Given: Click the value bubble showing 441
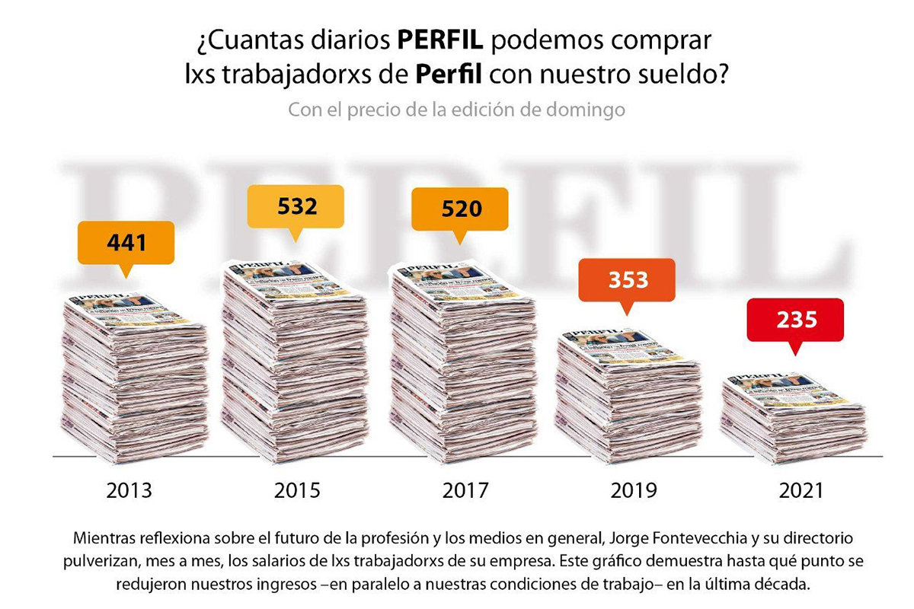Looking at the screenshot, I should tap(126, 243).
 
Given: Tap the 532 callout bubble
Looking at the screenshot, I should tap(296, 206).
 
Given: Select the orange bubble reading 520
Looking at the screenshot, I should tap(460, 209).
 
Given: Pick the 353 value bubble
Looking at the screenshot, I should tap(627, 280).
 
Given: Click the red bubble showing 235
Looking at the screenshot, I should tap(795, 319).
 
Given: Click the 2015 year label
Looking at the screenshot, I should tap(296, 490).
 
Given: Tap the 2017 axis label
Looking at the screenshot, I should tap(465, 490).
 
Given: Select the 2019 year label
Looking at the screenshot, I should tap(633, 490).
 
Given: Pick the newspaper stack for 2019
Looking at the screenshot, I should tap(628, 396).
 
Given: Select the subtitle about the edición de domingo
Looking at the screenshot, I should tap(456, 110).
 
